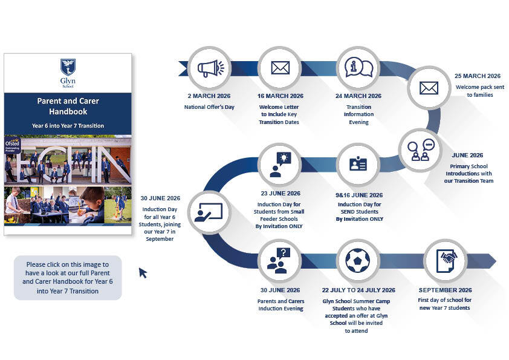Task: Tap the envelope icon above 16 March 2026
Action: tap(280, 68)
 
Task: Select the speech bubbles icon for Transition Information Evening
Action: tap(358, 68)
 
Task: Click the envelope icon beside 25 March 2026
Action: tap(429, 88)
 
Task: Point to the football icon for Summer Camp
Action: tap(358, 261)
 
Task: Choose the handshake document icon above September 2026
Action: tap(446, 261)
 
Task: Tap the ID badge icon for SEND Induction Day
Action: tap(358, 165)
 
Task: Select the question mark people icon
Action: tap(280, 261)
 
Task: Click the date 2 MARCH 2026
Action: tap(209, 96)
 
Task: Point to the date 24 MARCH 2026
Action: tap(358, 96)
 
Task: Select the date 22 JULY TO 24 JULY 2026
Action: tap(358, 290)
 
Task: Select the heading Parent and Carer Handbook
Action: tap(68, 106)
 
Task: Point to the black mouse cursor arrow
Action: tap(143, 273)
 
